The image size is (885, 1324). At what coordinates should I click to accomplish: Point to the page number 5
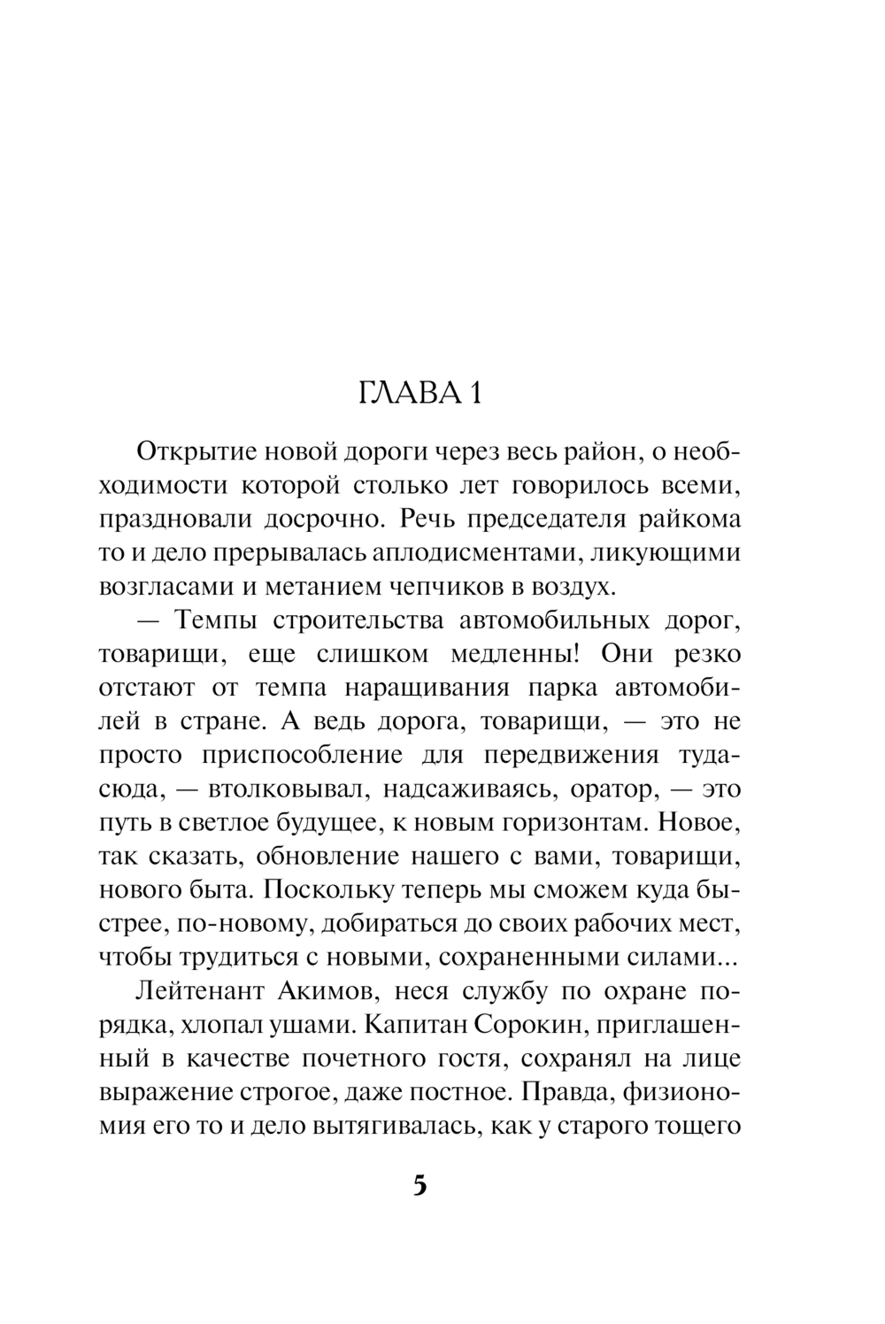coord(420,1184)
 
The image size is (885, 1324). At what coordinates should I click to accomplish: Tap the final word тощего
coord(696,1126)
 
